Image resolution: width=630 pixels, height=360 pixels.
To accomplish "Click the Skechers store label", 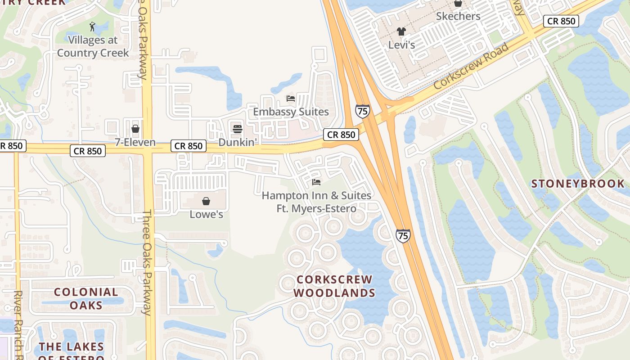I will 458,16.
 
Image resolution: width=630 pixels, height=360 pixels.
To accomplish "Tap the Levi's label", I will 401,45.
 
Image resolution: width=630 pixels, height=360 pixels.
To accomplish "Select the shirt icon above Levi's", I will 401,31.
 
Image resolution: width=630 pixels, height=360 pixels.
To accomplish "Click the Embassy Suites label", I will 291,112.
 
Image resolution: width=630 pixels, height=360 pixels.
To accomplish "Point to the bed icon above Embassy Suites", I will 291,99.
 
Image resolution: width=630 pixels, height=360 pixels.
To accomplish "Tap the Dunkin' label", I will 238,142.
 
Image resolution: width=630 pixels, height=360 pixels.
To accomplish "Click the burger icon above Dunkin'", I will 238,129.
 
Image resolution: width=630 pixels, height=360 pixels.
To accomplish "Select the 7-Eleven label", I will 135,142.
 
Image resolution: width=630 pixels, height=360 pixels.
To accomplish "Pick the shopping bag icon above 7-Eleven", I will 135,129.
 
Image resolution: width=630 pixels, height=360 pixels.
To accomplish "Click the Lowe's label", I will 206,214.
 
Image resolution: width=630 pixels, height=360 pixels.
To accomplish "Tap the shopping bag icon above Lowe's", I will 206,201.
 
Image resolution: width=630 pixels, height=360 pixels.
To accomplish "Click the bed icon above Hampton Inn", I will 316,182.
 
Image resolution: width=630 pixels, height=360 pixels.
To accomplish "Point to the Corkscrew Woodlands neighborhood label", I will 334,286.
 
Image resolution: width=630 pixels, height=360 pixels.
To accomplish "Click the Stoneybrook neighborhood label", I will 578,184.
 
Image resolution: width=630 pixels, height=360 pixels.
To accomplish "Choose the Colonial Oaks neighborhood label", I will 86,298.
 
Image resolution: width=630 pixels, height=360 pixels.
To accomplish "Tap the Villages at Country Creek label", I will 93,46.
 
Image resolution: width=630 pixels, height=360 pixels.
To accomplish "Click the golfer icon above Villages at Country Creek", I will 93,27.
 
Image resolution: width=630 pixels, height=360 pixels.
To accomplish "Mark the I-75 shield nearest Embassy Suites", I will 362,111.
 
